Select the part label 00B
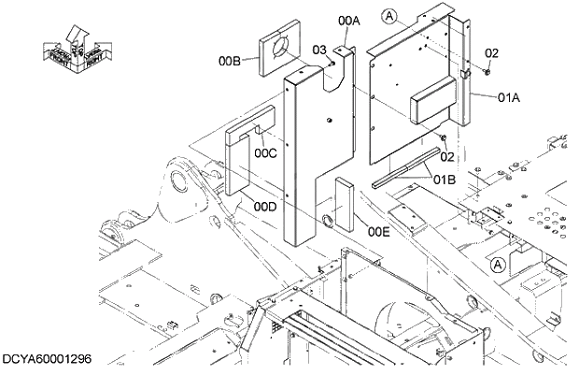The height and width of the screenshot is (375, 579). click(231, 62)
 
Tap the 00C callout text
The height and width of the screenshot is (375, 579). click(265, 152)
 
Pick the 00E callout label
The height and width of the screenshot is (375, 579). click(378, 231)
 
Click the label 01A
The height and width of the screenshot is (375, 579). click(509, 96)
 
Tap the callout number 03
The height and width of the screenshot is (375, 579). click(318, 50)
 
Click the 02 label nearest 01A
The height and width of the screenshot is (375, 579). click(492, 53)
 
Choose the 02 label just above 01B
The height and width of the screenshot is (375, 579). click(446, 157)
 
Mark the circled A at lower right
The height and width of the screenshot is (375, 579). click(499, 265)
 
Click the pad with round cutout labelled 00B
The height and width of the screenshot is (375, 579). click(286, 49)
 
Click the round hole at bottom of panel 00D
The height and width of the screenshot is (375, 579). click(329, 220)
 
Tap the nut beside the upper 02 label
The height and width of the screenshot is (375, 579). click(487, 70)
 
